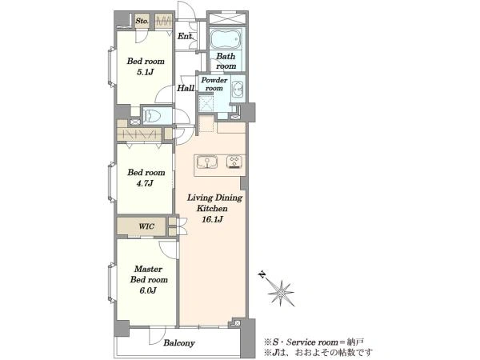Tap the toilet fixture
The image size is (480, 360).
click(154, 116)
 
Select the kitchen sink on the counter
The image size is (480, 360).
click(207, 162)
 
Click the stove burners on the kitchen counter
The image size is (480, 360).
click(234, 162)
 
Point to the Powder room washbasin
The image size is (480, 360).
click(238, 90)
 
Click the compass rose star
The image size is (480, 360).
click(281, 293)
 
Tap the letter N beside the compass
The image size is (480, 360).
click(262, 274)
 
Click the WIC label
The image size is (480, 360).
click(146, 226)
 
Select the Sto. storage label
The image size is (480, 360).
click(142, 21)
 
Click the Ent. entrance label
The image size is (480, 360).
click(186, 37)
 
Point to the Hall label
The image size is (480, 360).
click(186, 88)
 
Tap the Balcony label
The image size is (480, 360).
click(179, 343)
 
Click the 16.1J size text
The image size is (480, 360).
click(212, 219)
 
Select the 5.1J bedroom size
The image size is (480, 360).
click(145, 72)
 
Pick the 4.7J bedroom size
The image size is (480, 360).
click(145, 183)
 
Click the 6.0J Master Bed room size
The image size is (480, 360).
click(148, 290)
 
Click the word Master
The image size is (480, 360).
click(148, 269)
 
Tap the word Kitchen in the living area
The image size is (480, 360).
click(212, 209)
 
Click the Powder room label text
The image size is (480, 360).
click(214, 84)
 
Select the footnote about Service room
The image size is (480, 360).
click(314, 342)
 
